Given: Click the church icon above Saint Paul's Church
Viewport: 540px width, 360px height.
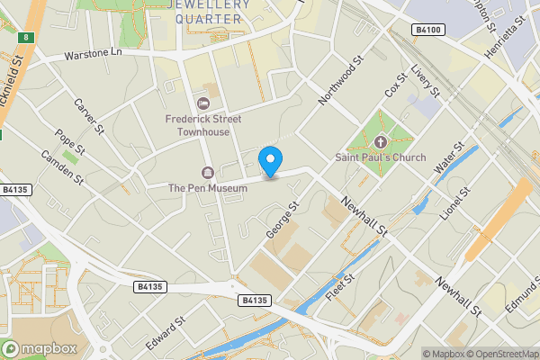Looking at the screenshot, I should click(381, 142).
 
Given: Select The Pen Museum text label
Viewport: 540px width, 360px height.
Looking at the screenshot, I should click(208, 188).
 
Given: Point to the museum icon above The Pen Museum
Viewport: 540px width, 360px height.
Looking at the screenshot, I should click(208, 173).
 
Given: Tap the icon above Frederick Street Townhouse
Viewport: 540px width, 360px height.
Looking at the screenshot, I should click(202, 103).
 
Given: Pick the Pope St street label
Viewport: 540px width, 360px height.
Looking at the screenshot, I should click(69, 143).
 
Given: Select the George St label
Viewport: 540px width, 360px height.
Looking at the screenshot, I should click(283, 220).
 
